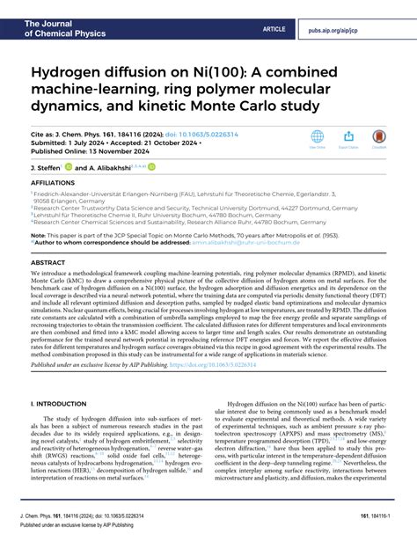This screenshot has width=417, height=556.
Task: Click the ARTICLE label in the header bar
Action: click(x=274, y=29)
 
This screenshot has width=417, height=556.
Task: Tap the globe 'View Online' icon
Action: click(x=318, y=137)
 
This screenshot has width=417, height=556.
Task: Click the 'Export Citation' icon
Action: click(x=348, y=137)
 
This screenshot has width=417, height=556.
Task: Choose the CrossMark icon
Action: click(x=379, y=137)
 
